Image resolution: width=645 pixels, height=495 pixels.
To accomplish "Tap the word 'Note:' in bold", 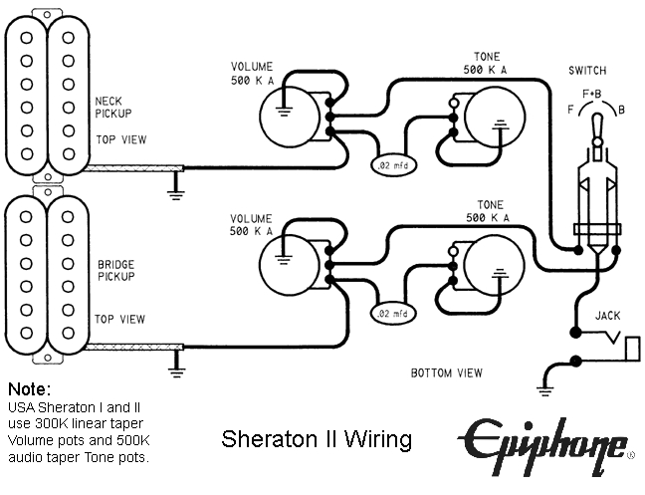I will pyautogui.click(x=29, y=388).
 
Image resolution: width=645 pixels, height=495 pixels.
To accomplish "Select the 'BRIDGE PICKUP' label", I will pyautogui.click(x=115, y=272).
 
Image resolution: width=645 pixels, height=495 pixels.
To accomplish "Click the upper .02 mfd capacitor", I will pyautogui.click(x=391, y=163).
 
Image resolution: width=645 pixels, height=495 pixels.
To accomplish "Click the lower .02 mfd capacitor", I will pyautogui.click(x=391, y=314).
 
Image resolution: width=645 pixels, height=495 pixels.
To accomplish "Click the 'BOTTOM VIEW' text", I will pyautogui.click(x=447, y=373).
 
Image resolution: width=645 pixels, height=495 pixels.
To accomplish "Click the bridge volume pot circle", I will pyautogui.click(x=286, y=264).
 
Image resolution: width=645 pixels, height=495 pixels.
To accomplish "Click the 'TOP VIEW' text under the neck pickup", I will pyautogui.click(x=118, y=139).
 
